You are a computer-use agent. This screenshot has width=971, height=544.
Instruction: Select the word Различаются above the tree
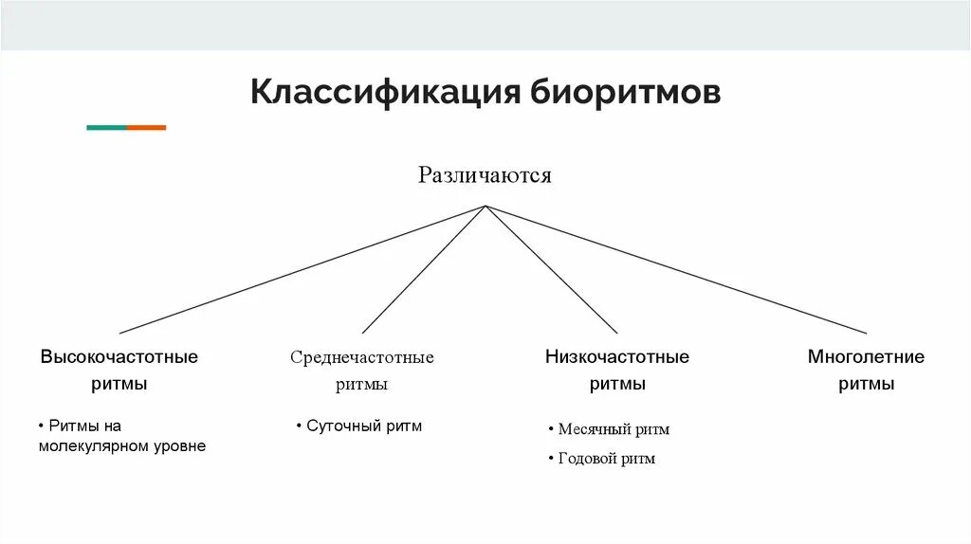485,175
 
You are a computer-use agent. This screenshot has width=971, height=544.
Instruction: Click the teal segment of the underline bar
105,127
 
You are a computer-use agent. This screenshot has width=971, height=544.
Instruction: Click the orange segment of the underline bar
146,127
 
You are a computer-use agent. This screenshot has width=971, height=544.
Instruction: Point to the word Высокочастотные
119,357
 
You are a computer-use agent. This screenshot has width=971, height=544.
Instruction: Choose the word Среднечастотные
361,357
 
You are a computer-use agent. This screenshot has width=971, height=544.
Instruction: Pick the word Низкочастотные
616,357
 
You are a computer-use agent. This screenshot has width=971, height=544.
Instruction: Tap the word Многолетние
866,357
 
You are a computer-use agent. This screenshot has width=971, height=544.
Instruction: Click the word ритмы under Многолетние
866,385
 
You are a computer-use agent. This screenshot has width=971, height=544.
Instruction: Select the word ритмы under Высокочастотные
119,385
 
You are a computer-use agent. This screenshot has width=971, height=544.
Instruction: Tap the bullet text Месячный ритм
614,429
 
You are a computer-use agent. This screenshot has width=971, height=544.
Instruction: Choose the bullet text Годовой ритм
606,459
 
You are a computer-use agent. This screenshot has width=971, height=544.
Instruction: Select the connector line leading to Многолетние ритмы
675,269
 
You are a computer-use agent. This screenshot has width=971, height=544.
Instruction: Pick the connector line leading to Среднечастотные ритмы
423,269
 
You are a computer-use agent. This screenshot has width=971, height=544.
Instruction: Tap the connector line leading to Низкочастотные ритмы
551,269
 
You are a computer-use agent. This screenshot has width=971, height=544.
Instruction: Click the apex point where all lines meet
485,206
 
